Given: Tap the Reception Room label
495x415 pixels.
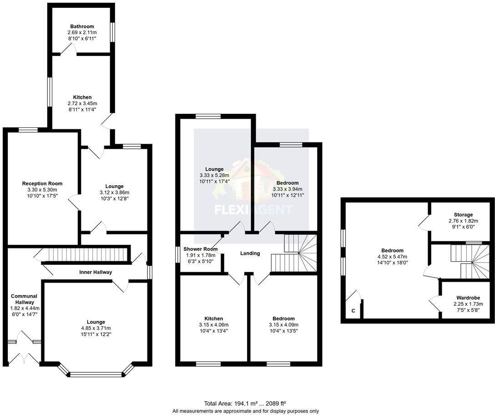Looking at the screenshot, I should pyautogui.click(x=42, y=183).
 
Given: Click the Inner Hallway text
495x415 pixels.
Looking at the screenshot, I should pyautogui.click(x=96, y=272).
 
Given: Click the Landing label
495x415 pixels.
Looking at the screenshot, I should pyautogui.click(x=250, y=253).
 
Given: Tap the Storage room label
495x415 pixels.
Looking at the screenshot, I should pyautogui.click(x=463, y=215).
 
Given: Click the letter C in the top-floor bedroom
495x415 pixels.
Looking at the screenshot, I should pyautogui.click(x=353, y=311).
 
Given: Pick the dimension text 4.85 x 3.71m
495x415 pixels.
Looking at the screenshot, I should pyautogui.click(x=96, y=328).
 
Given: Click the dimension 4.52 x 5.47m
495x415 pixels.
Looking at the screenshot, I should pyautogui.click(x=392, y=256).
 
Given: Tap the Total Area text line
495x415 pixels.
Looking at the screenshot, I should pyautogui.click(x=245, y=403).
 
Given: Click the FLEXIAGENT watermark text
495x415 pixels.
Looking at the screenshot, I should pyautogui.click(x=253, y=210).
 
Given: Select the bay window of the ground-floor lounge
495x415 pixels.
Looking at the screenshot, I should pyautogui.click(x=96, y=374).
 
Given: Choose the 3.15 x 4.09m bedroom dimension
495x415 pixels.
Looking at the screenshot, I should pyautogui.click(x=283, y=324).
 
